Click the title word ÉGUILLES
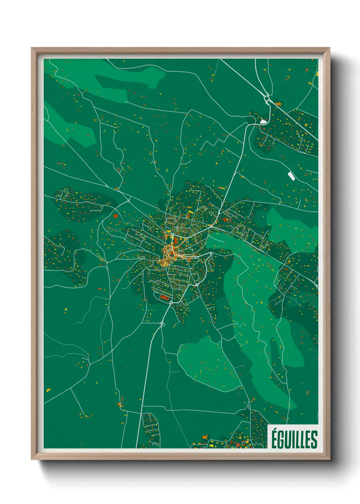(x=294, y=439)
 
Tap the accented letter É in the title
(x=275, y=438)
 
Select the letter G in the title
(x=282, y=440)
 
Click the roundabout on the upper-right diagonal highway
(x=266, y=98)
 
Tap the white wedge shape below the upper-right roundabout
(x=263, y=121)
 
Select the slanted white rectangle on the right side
(x=291, y=176)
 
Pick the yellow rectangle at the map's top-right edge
(x=317, y=73)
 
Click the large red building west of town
(x=115, y=216)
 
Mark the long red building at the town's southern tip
(x=165, y=298)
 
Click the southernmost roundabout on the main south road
(x=162, y=324)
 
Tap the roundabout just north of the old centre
(x=173, y=235)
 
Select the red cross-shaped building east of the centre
(x=225, y=220)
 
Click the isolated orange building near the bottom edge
(x=205, y=437)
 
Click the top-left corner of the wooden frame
(x=32, y=48)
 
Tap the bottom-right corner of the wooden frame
(x=329, y=459)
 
